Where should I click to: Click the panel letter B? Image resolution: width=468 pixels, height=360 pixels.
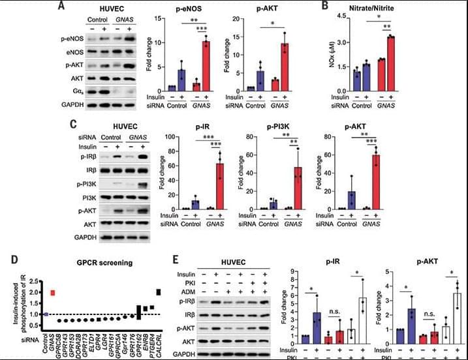tap(342, 7)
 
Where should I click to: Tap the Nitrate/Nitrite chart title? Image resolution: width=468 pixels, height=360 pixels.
tap(390, 9)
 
